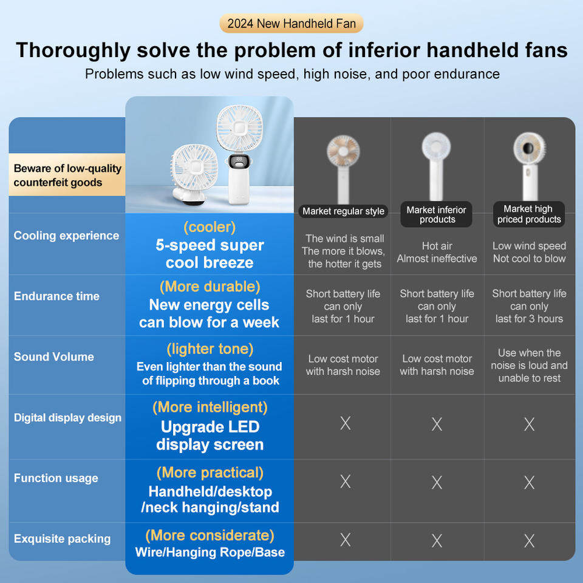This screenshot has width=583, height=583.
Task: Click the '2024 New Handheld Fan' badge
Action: coord(291,24)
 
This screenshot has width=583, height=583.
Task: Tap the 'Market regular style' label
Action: coord(343,211)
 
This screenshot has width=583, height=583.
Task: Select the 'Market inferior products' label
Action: coord(437,214)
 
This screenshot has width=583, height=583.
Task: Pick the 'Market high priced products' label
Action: coord(529,214)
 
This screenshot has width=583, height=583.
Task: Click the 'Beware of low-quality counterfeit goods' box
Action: coord(67,176)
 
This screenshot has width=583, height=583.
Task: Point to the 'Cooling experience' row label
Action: coord(66,236)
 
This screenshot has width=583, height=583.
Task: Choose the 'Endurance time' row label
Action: coord(56,296)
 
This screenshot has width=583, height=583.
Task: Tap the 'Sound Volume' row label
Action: coord(54,357)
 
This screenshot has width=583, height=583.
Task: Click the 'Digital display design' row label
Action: coord(67,418)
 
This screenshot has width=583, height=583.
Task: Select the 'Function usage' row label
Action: coord(56,479)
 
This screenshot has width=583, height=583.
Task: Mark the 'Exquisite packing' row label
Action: coord(62,539)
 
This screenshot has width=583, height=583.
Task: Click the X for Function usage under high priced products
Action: coord(529,482)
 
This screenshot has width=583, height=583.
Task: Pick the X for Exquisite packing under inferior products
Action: coord(437,540)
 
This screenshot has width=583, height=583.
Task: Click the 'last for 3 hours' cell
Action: coord(529,319)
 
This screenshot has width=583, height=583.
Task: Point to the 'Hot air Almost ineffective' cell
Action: coord(437,252)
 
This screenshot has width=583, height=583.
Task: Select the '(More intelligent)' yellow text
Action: coord(210,407)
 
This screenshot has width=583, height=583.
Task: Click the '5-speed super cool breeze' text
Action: coord(210,254)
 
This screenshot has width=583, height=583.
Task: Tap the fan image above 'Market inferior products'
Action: coord(437,164)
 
